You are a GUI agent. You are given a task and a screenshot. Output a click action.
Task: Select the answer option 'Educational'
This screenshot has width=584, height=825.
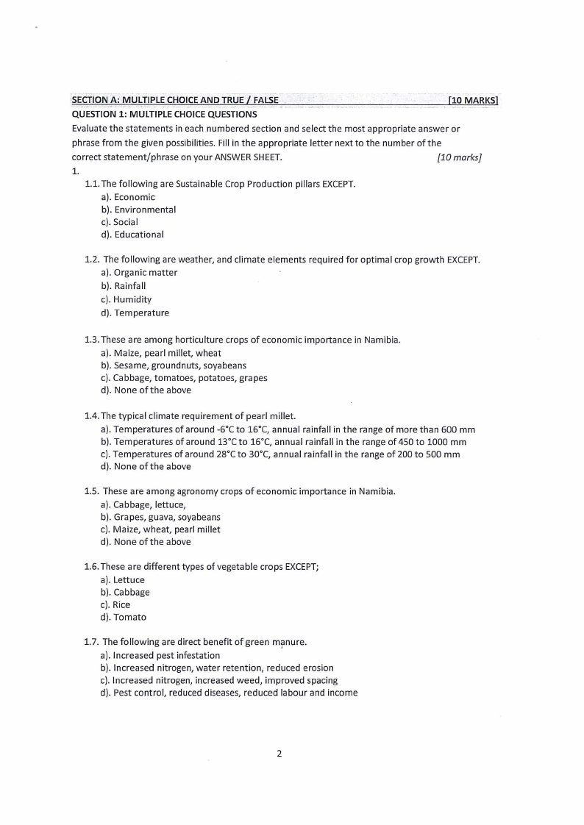[139, 235]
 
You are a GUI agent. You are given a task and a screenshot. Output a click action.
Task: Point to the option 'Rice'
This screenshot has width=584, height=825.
[121, 604]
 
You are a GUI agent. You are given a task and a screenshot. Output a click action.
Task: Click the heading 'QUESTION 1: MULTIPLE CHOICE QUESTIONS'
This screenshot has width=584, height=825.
[164, 114]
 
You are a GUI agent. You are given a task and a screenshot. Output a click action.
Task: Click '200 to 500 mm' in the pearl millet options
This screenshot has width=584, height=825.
[429, 454]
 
